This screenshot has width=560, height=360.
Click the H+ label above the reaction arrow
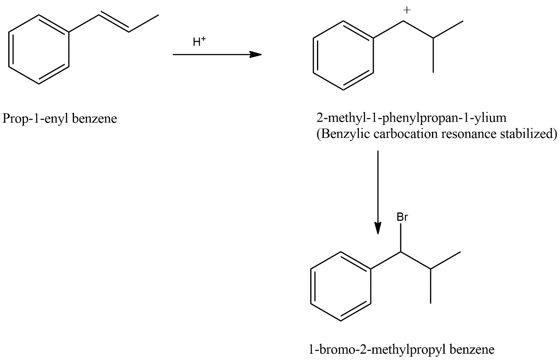(199, 41)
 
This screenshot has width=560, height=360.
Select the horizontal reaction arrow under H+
(217, 54)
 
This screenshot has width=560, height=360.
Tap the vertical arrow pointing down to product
(378, 192)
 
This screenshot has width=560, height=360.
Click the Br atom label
(402, 217)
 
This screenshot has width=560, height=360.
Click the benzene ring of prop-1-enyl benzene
(39, 49)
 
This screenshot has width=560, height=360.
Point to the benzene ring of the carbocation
(343, 56)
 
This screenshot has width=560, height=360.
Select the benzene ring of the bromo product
(341, 286)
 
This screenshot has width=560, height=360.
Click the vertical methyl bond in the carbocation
(433, 55)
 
